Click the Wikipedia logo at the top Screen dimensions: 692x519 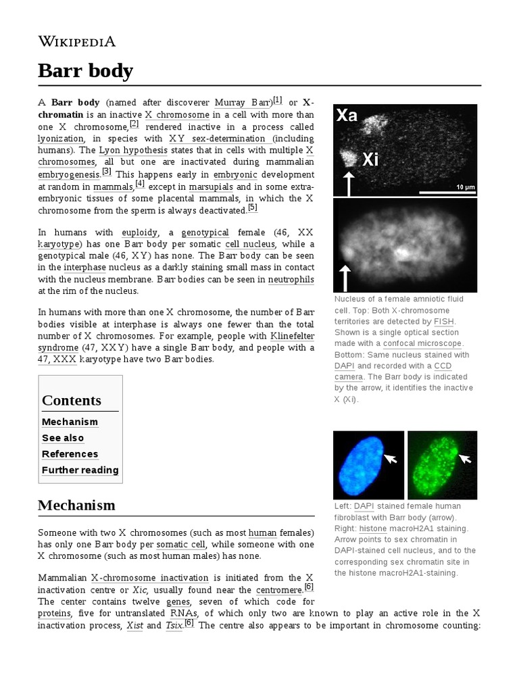tap(77, 41)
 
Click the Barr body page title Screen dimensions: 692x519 tap(85, 70)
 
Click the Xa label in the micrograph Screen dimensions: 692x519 tap(347, 116)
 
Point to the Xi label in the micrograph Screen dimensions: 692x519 tap(370, 159)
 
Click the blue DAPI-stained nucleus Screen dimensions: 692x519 tap(360, 465)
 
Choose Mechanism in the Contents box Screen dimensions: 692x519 tap(70, 422)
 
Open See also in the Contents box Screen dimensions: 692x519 tap(63, 438)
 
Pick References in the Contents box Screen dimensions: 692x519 tap(70, 454)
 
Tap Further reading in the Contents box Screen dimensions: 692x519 tap(80, 470)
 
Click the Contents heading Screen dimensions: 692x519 tap(72, 400)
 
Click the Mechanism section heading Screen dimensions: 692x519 tap(76, 505)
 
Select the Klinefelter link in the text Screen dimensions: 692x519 tap(292, 335)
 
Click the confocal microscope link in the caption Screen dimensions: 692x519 tap(422, 343)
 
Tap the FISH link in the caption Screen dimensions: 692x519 tap(443, 322)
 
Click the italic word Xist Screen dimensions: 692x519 tap(134, 625)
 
